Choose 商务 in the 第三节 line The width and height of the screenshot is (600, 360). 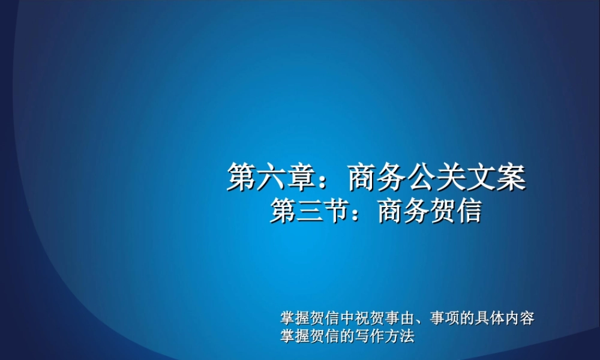point(403,212)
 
